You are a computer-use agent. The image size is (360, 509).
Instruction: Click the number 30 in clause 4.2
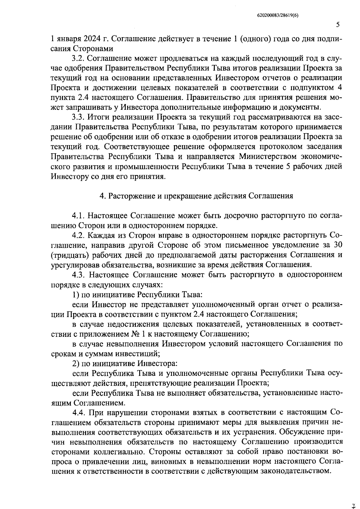(337, 245)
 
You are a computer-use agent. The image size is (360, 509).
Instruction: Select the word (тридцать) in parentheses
(68, 255)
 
